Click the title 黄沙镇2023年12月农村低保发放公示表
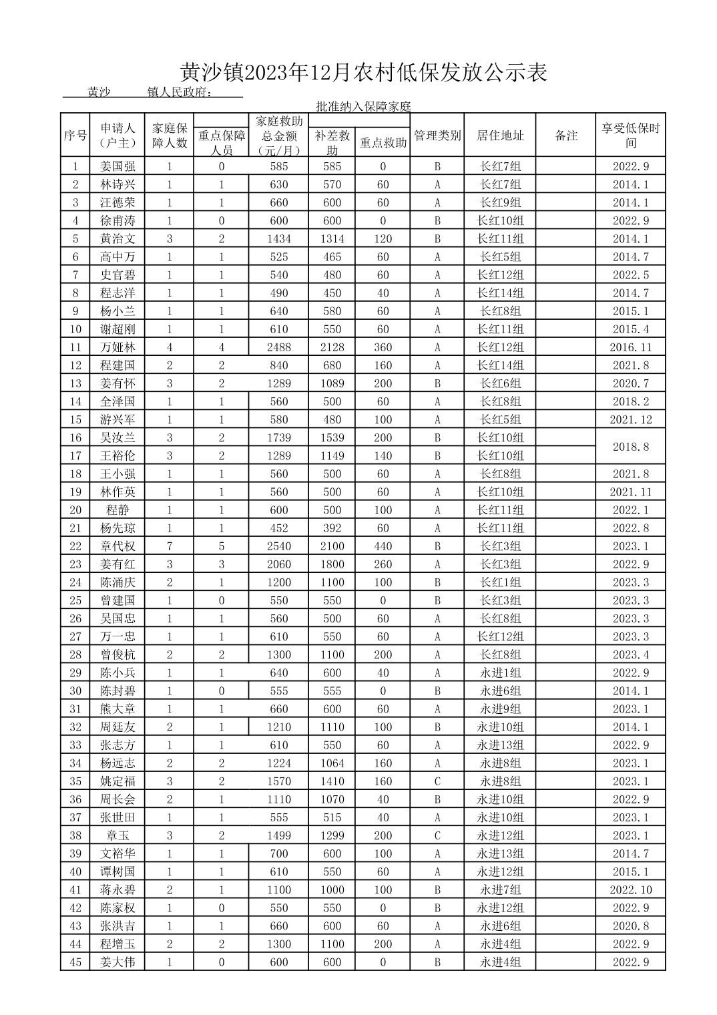click(364, 72)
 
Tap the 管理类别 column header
click(437, 136)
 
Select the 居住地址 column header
click(500, 136)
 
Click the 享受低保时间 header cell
click(630, 136)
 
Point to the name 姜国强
click(117, 167)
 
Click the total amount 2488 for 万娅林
click(278, 347)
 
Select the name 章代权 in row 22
click(117, 546)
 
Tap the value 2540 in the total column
click(278, 546)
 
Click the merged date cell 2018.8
click(630, 447)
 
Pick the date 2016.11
click(630, 347)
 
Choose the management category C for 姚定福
click(437, 781)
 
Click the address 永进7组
click(500, 889)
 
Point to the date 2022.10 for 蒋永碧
click(630, 889)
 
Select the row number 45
click(75, 962)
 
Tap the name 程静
click(117, 510)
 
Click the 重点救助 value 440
click(383, 546)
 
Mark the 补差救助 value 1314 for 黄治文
click(332, 239)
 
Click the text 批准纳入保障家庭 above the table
click(363, 106)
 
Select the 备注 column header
click(566, 136)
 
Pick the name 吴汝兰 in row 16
click(117, 438)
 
